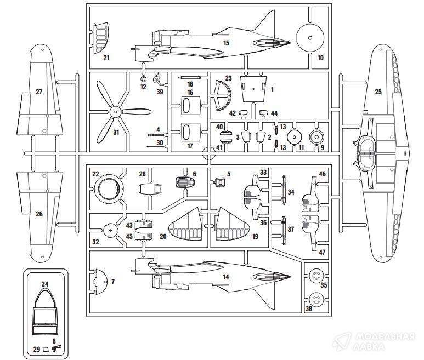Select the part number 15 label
[226, 42]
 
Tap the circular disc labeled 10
[310, 38]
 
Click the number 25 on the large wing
[378, 92]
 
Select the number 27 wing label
[39, 92]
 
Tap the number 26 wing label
[39, 214]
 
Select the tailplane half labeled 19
[231, 225]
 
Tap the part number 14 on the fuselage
[225, 277]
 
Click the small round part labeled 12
[143, 79]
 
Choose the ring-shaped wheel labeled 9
[316, 137]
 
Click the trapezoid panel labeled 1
[253, 88]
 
